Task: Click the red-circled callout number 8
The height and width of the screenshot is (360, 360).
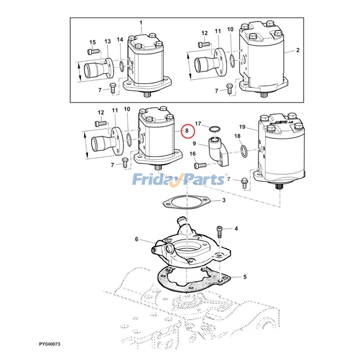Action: (187, 131)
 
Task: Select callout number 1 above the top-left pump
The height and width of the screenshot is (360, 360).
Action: (140, 22)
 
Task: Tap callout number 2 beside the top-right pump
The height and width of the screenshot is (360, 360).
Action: (297, 51)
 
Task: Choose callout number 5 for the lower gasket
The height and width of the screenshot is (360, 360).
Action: (137, 239)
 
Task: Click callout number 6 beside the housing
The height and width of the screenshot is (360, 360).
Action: (236, 229)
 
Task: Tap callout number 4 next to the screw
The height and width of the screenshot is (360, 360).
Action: (236, 229)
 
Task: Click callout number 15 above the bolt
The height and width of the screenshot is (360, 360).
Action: (92, 42)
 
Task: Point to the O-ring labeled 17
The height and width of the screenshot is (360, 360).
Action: (216, 131)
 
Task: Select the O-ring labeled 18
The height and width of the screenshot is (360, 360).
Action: (243, 150)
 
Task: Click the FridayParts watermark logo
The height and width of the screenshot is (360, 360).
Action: (180, 180)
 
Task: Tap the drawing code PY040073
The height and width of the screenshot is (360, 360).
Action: (49, 344)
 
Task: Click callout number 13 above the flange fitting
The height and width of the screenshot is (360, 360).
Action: (108, 41)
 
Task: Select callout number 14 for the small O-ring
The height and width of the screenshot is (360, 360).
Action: (120, 40)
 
